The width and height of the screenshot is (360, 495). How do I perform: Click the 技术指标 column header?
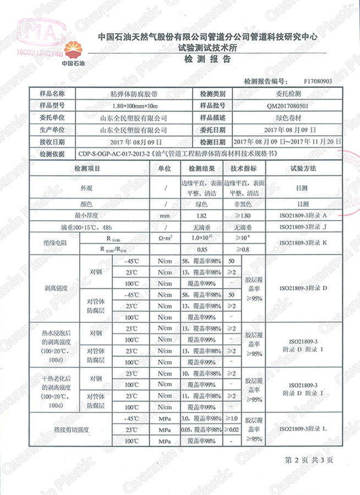pos(243,168)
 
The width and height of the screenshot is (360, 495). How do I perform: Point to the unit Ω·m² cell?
pos(165,238)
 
